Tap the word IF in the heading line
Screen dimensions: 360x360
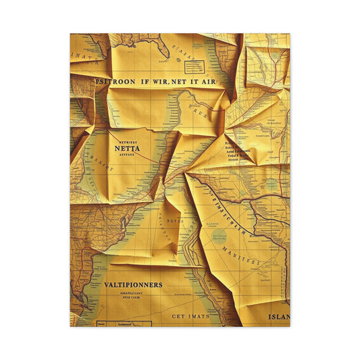pyautogui.click(x=145, y=80)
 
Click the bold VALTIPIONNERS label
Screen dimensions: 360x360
pyautogui.click(x=133, y=284)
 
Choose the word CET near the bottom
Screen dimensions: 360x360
pyautogui.click(x=178, y=315)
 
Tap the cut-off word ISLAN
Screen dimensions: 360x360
pyautogui.click(x=278, y=316)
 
